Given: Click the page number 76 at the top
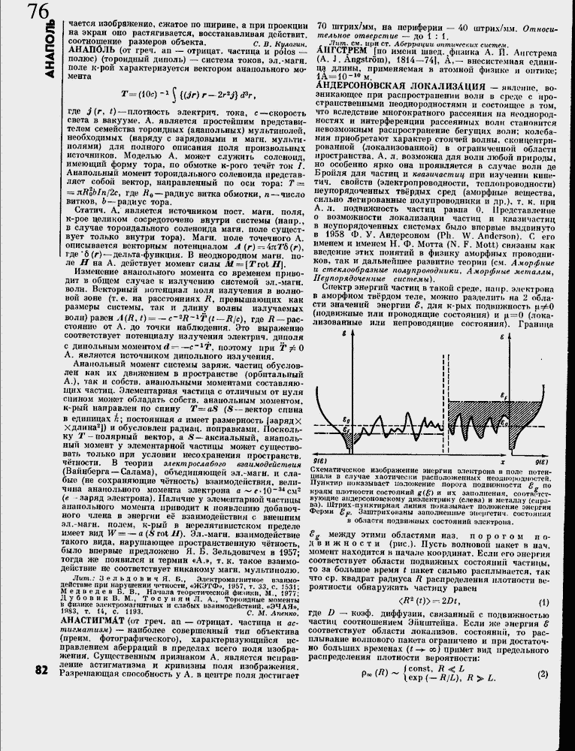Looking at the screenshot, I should click(x=36, y=12).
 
